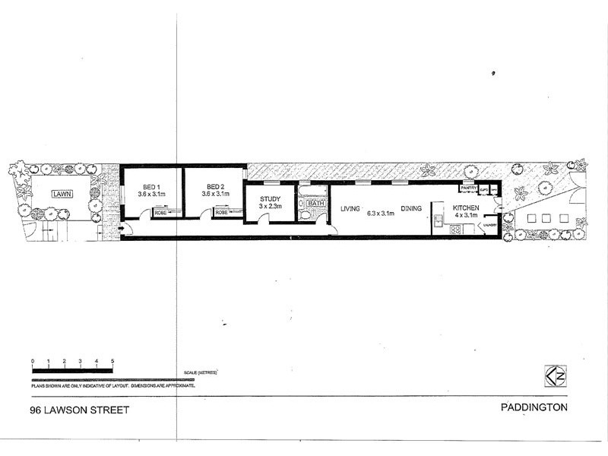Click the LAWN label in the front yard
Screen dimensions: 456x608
[x=61, y=195]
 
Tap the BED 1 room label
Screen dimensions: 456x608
[x=150, y=186]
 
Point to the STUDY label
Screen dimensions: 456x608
[x=271, y=199]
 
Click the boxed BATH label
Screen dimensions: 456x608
[x=316, y=203]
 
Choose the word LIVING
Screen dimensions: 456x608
[x=350, y=208]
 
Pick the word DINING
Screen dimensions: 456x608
[x=412, y=208]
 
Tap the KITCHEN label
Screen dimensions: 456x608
[x=466, y=208]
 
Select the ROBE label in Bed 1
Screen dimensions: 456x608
[x=161, y=213]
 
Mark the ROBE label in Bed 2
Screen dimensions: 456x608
[x=221, y=213]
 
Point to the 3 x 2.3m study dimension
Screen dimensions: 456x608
[x=271, y=207]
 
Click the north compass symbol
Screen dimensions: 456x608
[x=553, y=375]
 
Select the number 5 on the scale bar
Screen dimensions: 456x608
[x=112, y=361]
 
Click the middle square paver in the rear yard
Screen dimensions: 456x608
[x=546, y=218]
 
